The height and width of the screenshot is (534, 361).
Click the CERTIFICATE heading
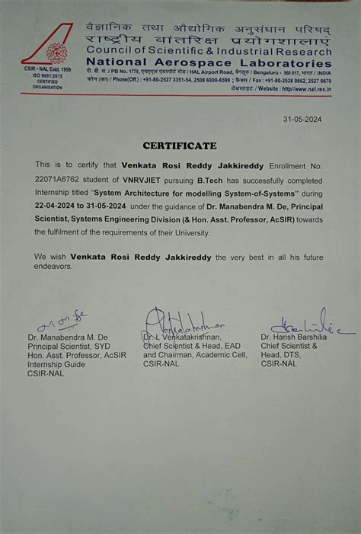tap(180, 145)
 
